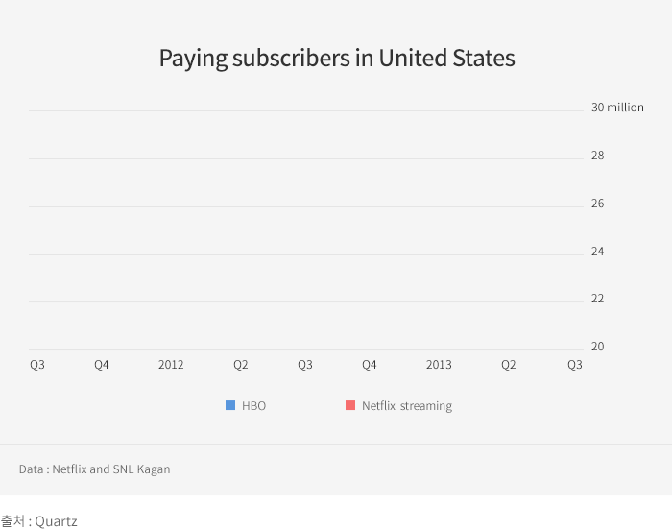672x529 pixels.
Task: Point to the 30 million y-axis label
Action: click(617, 108)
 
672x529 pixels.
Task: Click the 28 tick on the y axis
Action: click(597, 156)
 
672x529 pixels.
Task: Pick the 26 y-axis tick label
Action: click(597, 204)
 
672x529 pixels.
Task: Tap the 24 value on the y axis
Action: click(597, 252)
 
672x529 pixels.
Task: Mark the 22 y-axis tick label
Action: click(597, 299)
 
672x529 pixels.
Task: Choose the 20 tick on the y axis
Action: click(597, 347)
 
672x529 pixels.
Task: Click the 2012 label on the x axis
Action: click(171, 365)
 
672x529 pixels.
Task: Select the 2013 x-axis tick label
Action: click(439, 365)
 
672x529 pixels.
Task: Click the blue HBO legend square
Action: click(230, 405)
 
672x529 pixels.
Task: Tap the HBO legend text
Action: click(253, 406)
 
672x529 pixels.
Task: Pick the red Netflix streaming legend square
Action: click(350, 405)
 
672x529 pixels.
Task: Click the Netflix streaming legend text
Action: click(407, 406)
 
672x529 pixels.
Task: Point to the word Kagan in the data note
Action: click(154, 469)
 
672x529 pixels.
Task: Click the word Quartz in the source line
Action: click(56, 521)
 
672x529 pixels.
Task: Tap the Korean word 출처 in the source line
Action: click(12, 521)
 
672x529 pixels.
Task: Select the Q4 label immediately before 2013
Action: click(369, 365)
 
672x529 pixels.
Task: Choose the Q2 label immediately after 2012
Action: click(241, 365)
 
